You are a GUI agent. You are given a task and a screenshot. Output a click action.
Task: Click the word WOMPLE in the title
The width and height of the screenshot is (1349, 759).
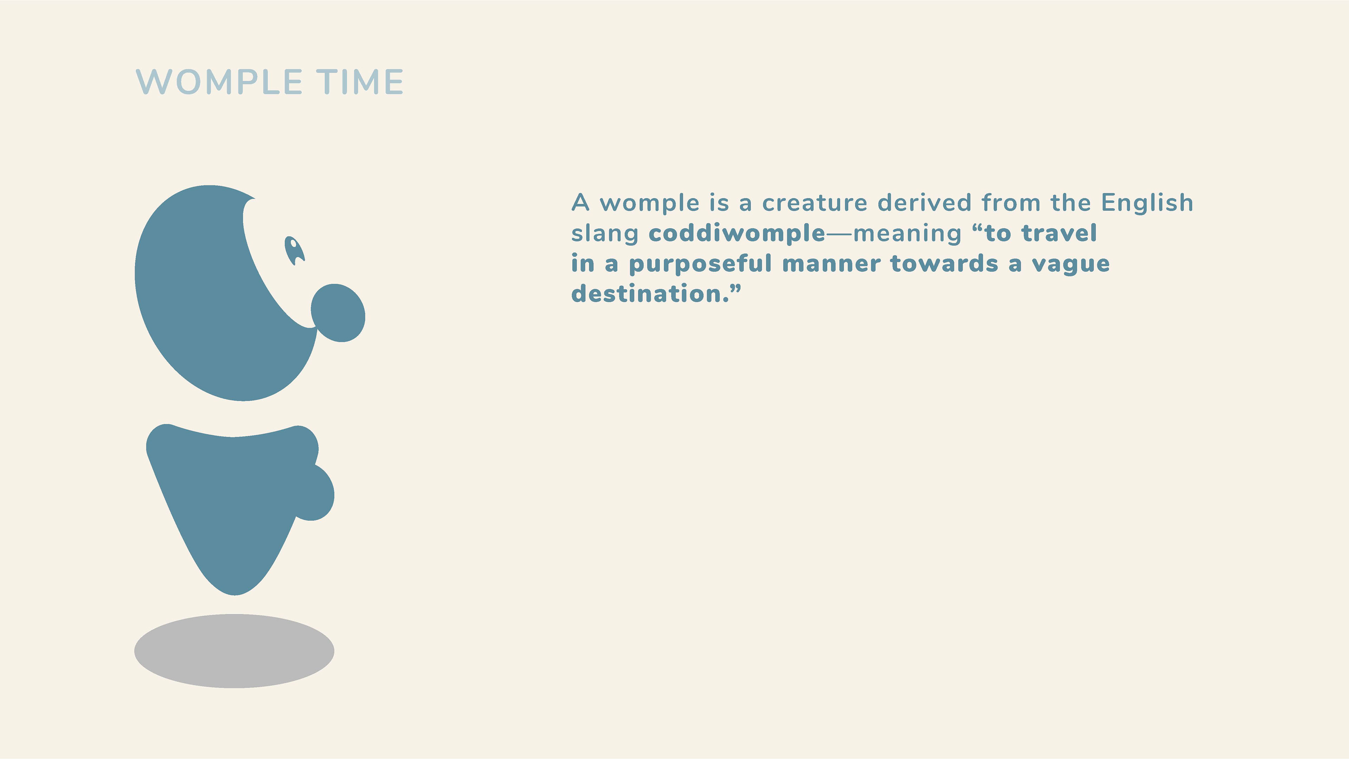tap(219, 82)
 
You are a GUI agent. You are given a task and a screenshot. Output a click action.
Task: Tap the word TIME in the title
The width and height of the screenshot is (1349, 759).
tap(360, 82)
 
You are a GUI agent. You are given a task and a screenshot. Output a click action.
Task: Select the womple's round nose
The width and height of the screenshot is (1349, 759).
tap(338, 313)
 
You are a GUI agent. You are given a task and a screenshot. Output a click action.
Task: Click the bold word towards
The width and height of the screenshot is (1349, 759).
tap(944, 264)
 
